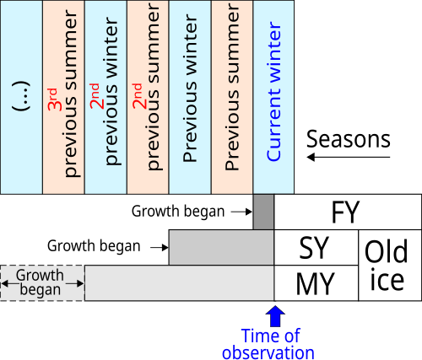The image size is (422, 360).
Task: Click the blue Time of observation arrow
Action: tap(275, 316)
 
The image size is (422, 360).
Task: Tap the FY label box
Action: tap(348, 212)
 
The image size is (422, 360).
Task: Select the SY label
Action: tap(314, 248)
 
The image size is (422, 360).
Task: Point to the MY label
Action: tap(316, 283)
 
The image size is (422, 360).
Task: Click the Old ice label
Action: tap(387, 265)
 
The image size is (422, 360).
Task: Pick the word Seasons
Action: tap(349, 139)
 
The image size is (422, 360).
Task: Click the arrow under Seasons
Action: tap(349, 157)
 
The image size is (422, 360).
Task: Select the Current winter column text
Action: tap(273, 91)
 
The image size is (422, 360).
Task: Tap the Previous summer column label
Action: tap(232, 87)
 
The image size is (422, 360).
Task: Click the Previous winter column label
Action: tap(190, 88)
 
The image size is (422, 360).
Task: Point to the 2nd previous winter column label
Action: tap(105, 91)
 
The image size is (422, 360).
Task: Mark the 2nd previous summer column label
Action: tap(147, 87)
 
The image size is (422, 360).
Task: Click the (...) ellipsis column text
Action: tap(21, 96)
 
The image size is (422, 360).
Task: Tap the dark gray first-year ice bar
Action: tap(263, 212)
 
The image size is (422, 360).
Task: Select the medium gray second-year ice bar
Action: tap(221, 247)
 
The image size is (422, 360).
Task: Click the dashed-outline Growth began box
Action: tap(42, 283)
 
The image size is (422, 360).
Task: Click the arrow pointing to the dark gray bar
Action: tap(241, 212)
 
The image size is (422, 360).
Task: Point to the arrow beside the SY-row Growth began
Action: tap(160, 247)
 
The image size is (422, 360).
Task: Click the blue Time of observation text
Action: tap(268, 344)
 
